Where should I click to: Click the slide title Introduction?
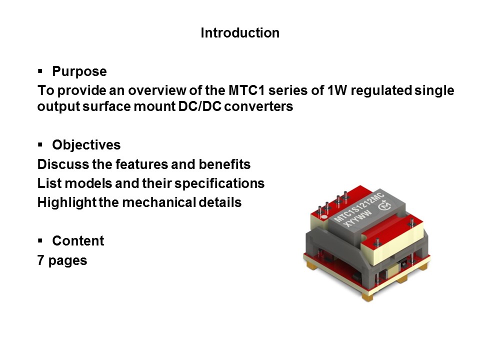[240, 33]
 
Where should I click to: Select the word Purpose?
[79, 71]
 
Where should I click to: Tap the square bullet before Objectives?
[40, 144]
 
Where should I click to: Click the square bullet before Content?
[40, 240]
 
